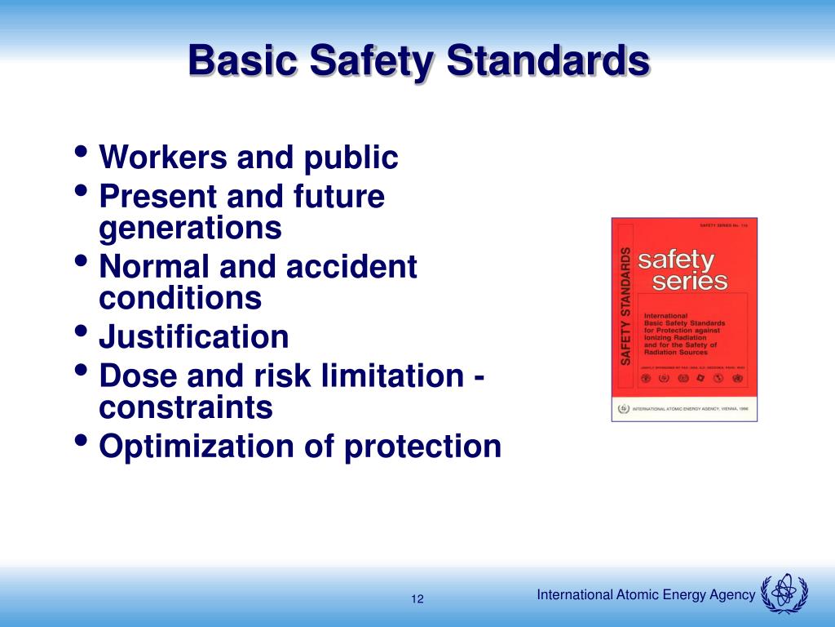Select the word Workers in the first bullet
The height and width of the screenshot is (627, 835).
(x=161, y=158)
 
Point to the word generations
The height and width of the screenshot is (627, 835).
(x=190, y=229)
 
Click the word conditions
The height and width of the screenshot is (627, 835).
(x=180, y=298)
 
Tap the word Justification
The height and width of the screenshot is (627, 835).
(x=194, y=336)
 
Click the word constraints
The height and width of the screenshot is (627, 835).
(x=186, y=407)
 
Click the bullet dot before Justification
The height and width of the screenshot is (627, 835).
(x=82, y=332)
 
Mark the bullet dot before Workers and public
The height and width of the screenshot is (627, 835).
(x=82, y=153)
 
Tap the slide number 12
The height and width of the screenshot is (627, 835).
(x=417, y=599)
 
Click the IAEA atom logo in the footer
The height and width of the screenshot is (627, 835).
(x=784, y=593)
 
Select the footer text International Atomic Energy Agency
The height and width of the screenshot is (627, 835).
(x=646, y=595)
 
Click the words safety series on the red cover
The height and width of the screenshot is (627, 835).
(x=683, y=271)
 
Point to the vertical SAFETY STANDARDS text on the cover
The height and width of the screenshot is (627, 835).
(x=626, y=305)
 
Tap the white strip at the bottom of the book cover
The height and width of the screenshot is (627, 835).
(x=684, y=408)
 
